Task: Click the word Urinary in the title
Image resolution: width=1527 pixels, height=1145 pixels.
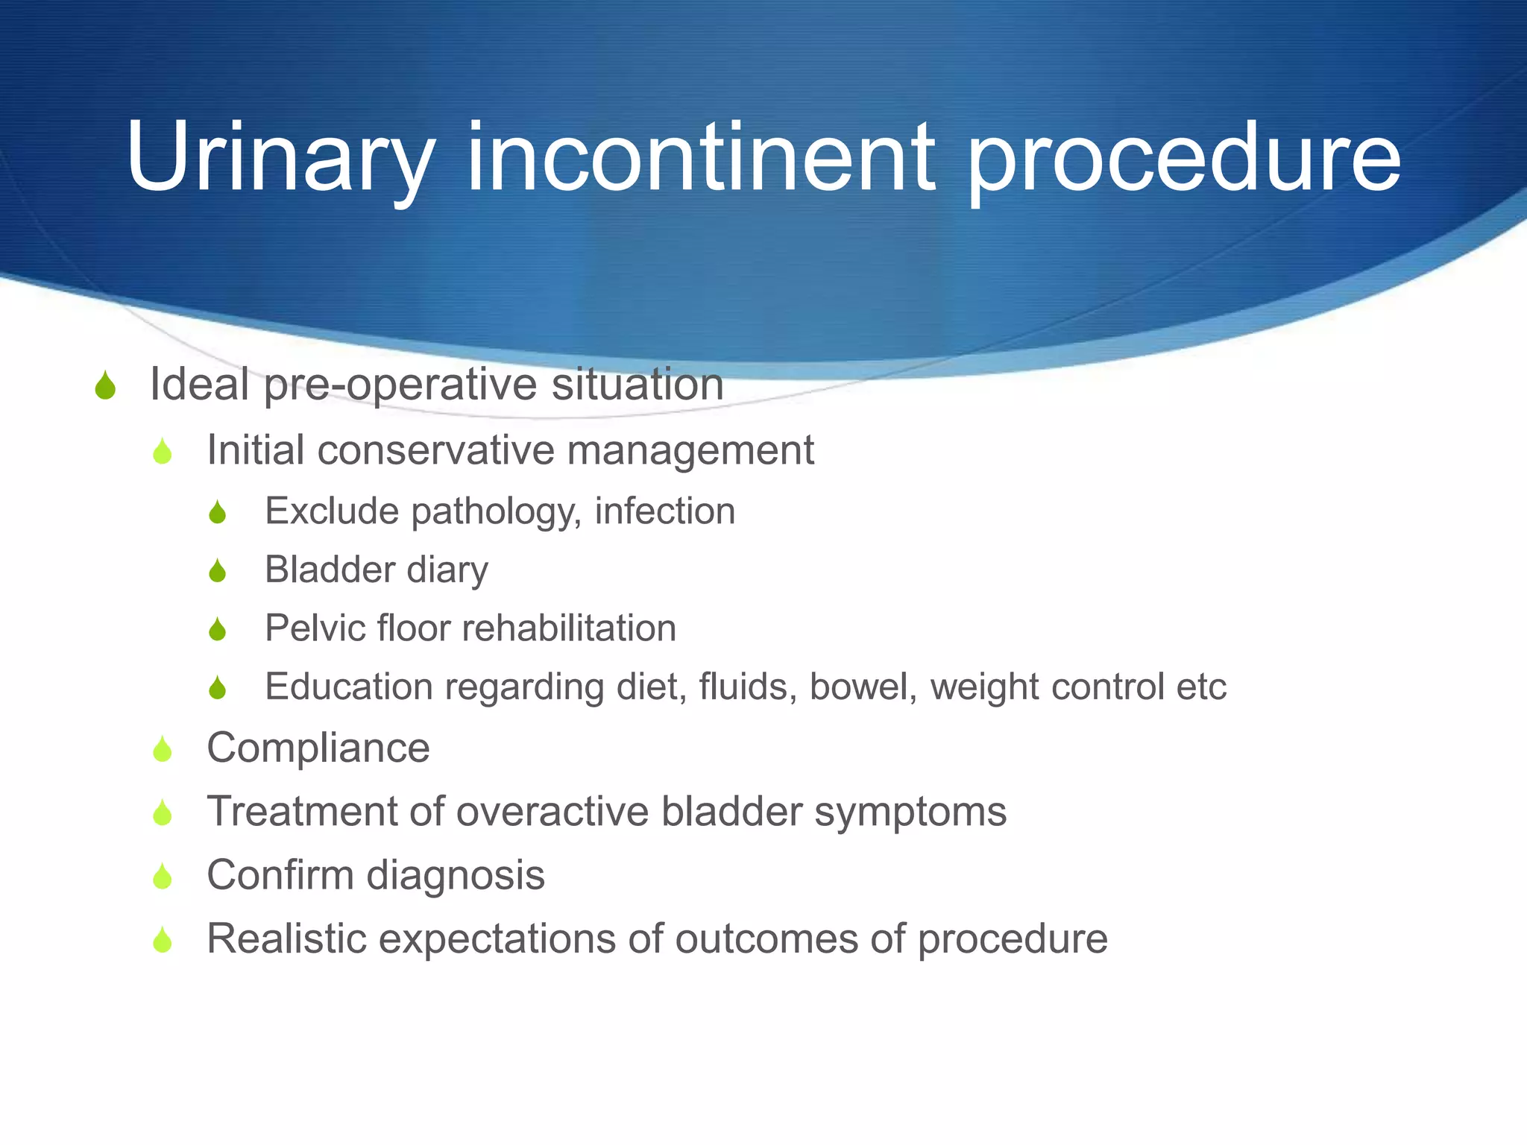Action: coord(280,158)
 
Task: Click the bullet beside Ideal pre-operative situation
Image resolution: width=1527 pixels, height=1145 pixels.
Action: coord(106,386)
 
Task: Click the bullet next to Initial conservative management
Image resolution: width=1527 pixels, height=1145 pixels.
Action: coord(163,452)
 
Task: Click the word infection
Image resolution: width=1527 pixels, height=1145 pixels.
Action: coord(664,511)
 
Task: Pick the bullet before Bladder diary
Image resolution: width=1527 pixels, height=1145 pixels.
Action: coord(218,571)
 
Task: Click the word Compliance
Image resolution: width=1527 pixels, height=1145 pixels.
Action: coord(318,748)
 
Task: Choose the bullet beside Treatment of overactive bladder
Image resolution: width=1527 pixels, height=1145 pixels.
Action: coord(163,813)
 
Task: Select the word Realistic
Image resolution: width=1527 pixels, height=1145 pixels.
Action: coord(286,939)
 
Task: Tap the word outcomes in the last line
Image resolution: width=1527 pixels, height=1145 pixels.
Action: coord(766,939)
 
